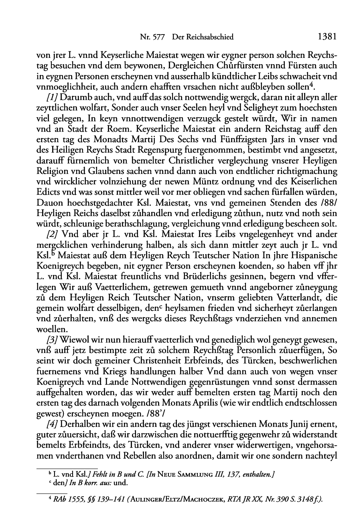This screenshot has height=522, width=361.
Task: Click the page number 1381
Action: tap(326, 37)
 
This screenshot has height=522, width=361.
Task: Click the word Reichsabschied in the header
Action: tap(209, 37)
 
